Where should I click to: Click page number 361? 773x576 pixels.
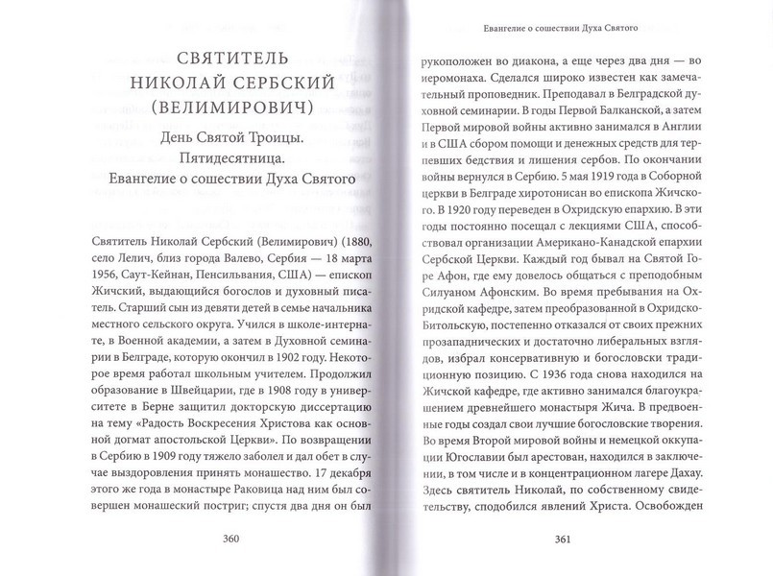tap(564, 539)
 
